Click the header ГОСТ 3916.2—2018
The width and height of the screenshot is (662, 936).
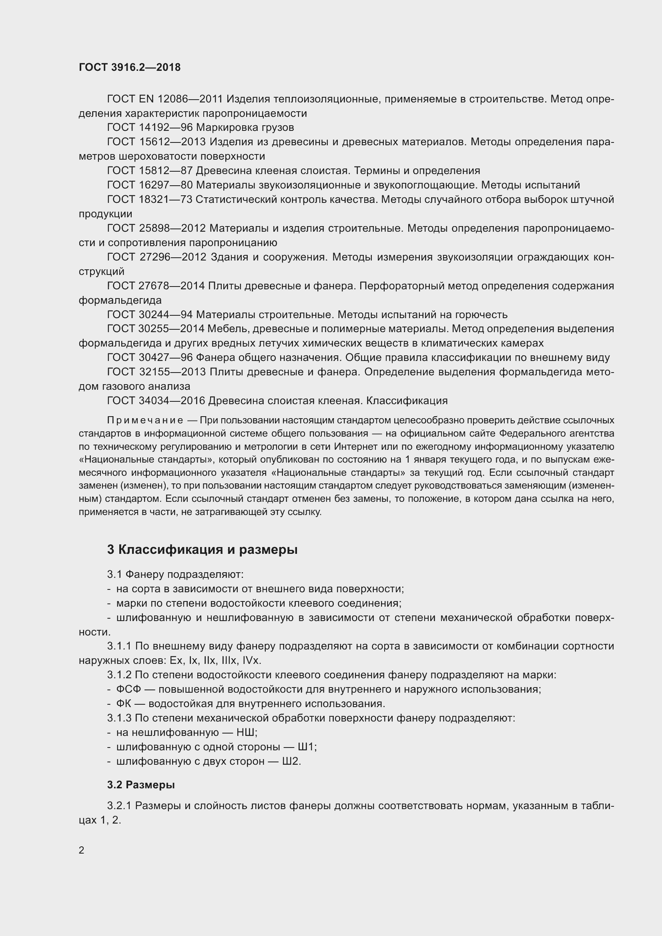click(130, 67)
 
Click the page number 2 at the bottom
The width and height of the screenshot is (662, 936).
click(82, 850)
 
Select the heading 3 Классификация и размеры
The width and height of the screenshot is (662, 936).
click(202, 550)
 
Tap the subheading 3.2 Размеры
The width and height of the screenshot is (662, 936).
click(141, 785)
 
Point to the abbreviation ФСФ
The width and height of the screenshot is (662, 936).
click(128, 689)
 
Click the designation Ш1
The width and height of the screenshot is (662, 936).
click(307, 747)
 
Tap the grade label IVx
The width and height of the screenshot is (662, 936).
click(251, 660)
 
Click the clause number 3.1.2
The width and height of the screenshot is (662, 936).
click(119, 675)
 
